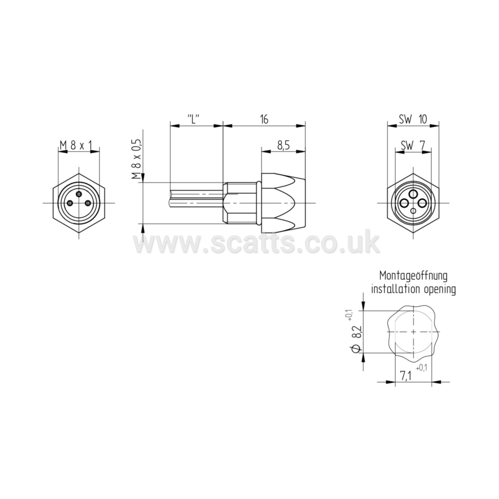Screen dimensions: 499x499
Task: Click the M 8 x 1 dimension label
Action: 75,146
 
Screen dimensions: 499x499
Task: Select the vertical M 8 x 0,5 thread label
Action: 137,159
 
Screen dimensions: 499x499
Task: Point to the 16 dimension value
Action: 264,119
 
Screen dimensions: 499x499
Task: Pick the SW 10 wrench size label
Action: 413,119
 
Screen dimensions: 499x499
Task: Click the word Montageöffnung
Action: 413,276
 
